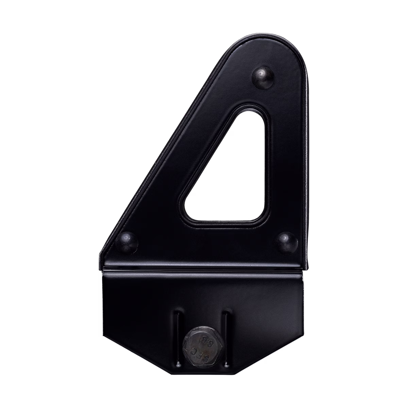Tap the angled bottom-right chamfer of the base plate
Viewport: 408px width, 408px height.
click(x=289, y=357)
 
